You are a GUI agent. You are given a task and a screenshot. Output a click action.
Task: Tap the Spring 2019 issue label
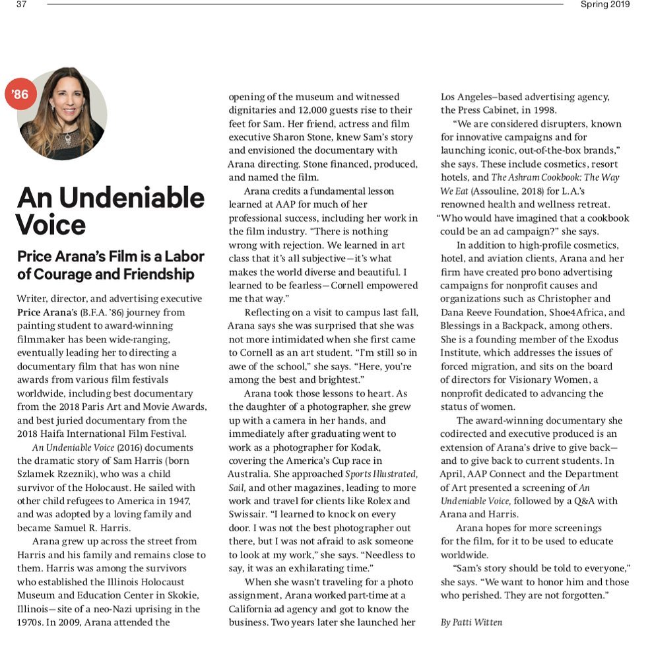[604, 5]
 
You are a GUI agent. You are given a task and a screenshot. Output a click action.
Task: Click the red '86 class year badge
[20, 94]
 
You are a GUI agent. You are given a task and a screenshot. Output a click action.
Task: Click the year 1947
[182, 488]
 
